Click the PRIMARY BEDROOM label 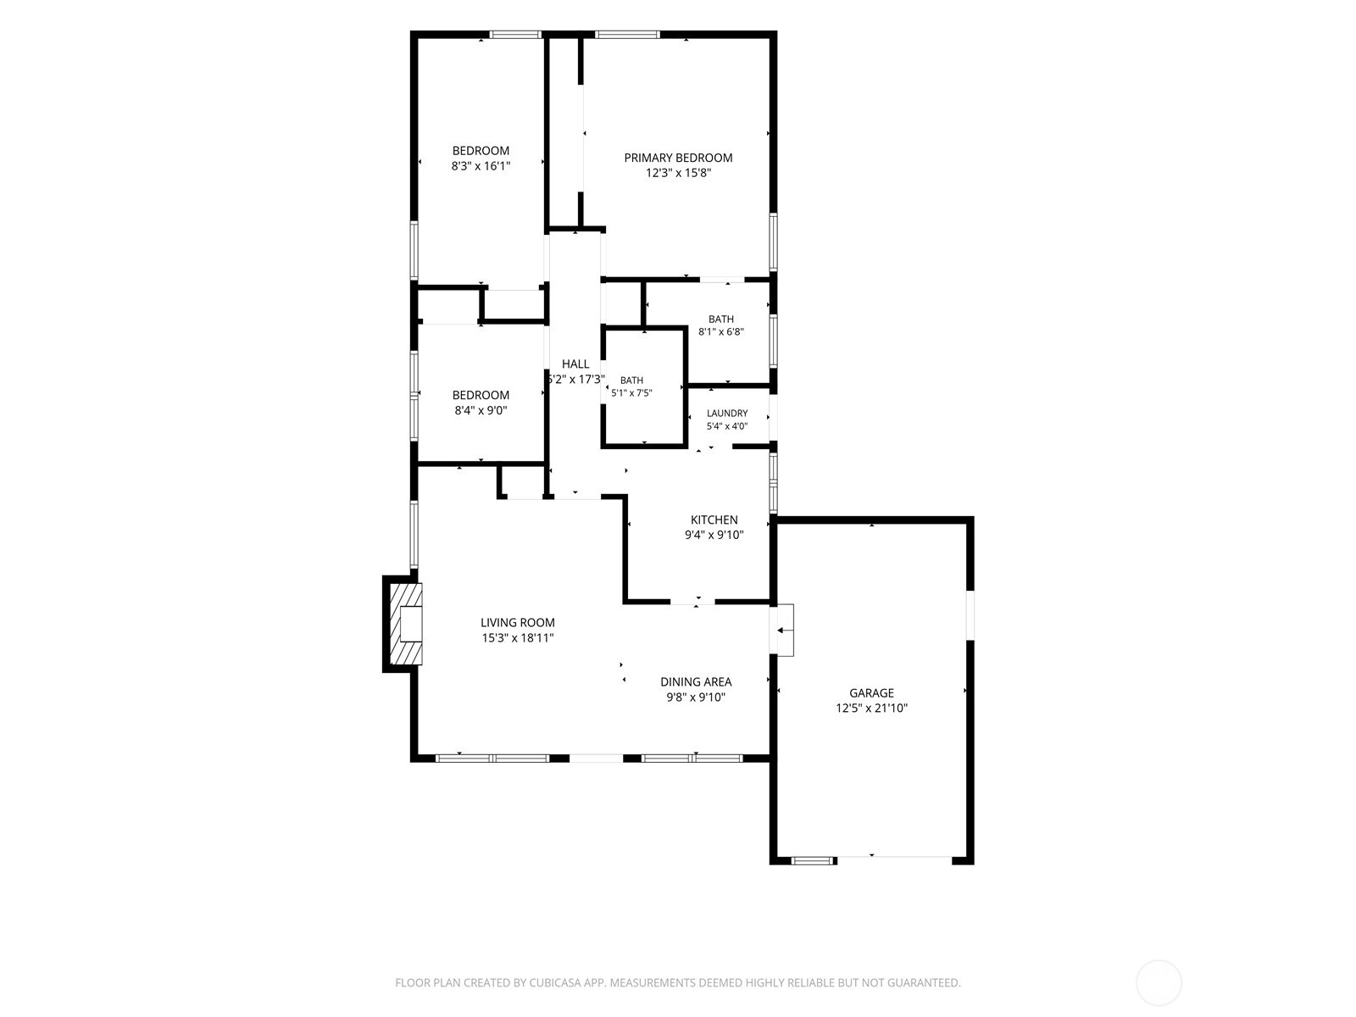click(x=678, y=158)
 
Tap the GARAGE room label click(x=871, y=692)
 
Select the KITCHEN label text click(x=714, y=520)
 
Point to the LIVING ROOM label click(x=518, y=622)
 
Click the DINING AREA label click(x=696, y=681)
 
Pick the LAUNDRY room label click(x=727, y=413)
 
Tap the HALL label click(x=575, y=364)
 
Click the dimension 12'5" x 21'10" click(x=871, y=709)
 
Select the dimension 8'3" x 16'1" click(x=481, y=165)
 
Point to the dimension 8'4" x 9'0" click(x=481, y=410)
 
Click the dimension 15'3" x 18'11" click(x=518, y=638)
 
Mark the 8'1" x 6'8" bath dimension click(x=721, y=331)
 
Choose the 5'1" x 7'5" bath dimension click(x=631, y=392)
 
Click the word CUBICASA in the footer click(x=555, y=982)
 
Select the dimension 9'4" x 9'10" click(x=714, y=535)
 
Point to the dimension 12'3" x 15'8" click(x=678, y=173)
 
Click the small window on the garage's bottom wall click(x=813, y=860)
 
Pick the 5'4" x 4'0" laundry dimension click(x=727, y=426)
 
